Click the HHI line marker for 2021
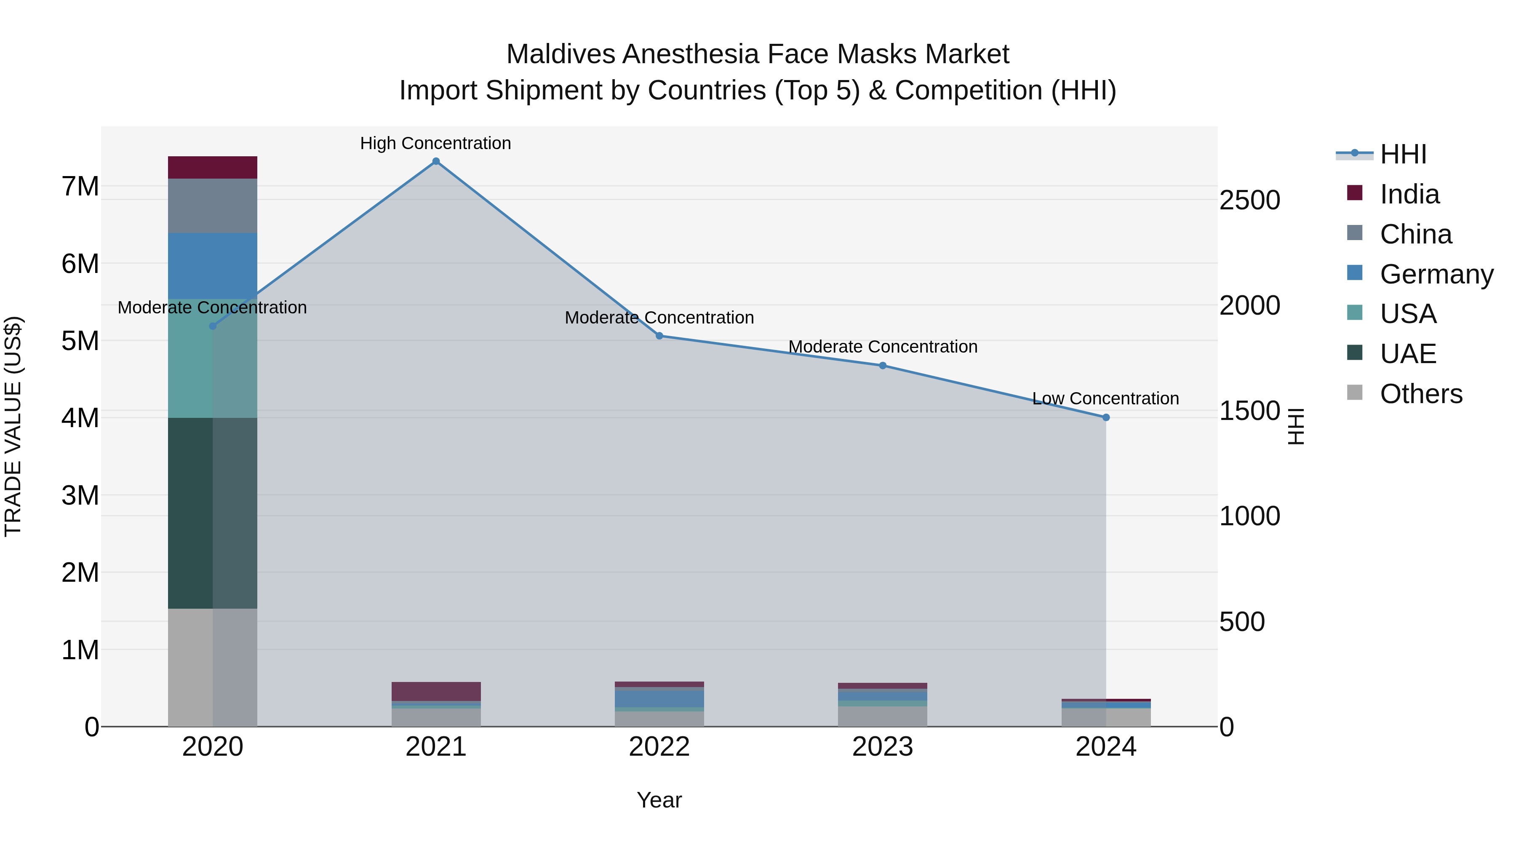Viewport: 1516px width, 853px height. (x=436, y=161)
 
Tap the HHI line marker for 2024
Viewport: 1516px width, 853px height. (x=1106, y=417)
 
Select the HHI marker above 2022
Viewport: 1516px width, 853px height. (x=659, y=336)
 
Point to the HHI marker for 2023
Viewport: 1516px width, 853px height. (x=883, y=366)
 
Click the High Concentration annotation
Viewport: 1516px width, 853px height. (x=435, y=143)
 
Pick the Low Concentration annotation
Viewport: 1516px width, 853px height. (x=1105, y=398)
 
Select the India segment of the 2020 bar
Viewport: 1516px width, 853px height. (x=213, y=167)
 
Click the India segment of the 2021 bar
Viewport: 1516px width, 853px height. (x=436, y=691)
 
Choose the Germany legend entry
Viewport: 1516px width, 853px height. (x=1436, y=274)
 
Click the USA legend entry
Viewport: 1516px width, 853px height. (x=1408, y=314)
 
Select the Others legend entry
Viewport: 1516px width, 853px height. (x=1421, y=394)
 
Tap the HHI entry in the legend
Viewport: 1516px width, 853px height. (x=1403, y=154)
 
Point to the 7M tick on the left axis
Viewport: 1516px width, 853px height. (x=80, y=187)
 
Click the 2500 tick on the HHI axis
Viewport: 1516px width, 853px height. (x=1249, y=200)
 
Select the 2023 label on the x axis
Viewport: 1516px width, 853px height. (x=882, y=747)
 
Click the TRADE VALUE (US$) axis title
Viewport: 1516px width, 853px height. (x=13, y=426)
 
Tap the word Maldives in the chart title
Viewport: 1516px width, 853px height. (x=560, y=54)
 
